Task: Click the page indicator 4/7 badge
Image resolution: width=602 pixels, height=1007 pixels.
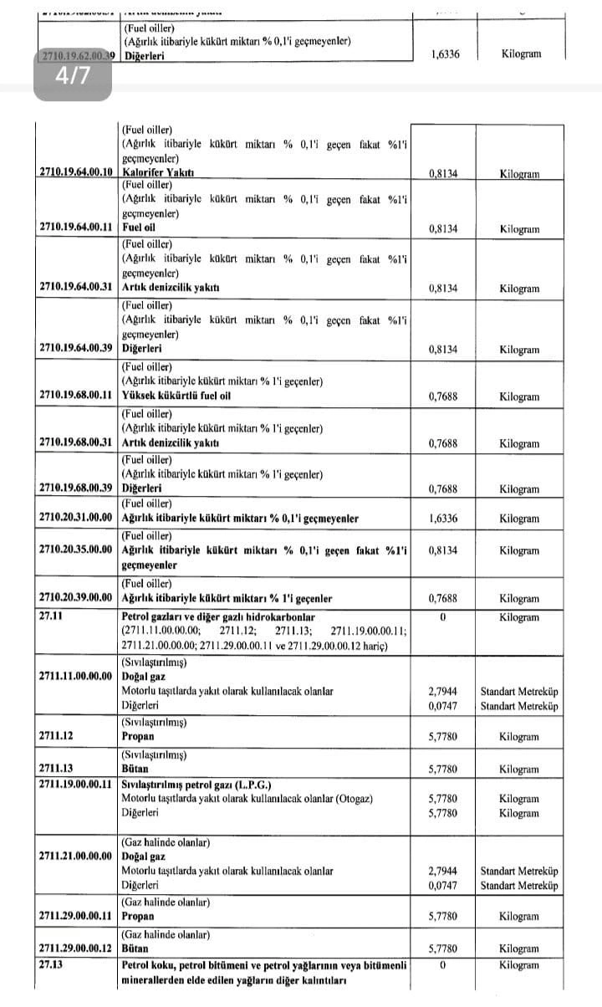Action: (72, 77)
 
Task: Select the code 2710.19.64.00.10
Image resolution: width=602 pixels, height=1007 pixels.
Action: (75, 173)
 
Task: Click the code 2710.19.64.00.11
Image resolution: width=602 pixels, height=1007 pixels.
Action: (75, 227)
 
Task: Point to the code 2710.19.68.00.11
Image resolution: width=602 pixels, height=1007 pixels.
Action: (75, 396)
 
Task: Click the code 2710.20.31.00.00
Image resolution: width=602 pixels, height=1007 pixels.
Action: (75, 518)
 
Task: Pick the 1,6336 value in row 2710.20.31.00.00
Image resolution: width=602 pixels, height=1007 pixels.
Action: (442, 519)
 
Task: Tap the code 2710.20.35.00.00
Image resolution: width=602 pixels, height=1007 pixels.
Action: (75, 550)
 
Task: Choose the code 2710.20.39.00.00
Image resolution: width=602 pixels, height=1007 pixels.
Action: (75, 598)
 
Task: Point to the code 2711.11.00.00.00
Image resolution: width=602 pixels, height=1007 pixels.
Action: (75, 676)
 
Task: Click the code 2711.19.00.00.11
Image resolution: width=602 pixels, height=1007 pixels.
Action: (75, 784)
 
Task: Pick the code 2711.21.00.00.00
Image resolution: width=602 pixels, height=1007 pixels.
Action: (75, 856)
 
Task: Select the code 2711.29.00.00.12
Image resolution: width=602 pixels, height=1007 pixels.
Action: (75, 948)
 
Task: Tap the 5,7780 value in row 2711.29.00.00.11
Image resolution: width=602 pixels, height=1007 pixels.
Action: (442, 917)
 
